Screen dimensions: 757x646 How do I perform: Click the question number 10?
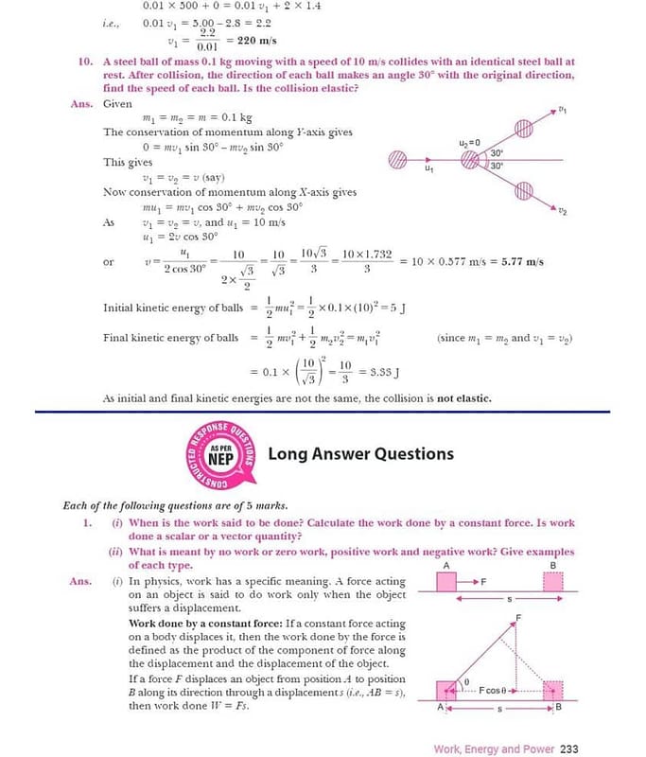[x=85, y=62]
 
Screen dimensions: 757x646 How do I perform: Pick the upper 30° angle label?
[x=497, y=153]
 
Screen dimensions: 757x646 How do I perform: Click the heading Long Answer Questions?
[x=361, y=453]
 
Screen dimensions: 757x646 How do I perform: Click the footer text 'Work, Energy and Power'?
[x=494, y=748]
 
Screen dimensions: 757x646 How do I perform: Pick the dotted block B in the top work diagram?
[x=554, y=580]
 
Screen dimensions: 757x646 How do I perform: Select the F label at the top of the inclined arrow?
[x=517, y=617]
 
